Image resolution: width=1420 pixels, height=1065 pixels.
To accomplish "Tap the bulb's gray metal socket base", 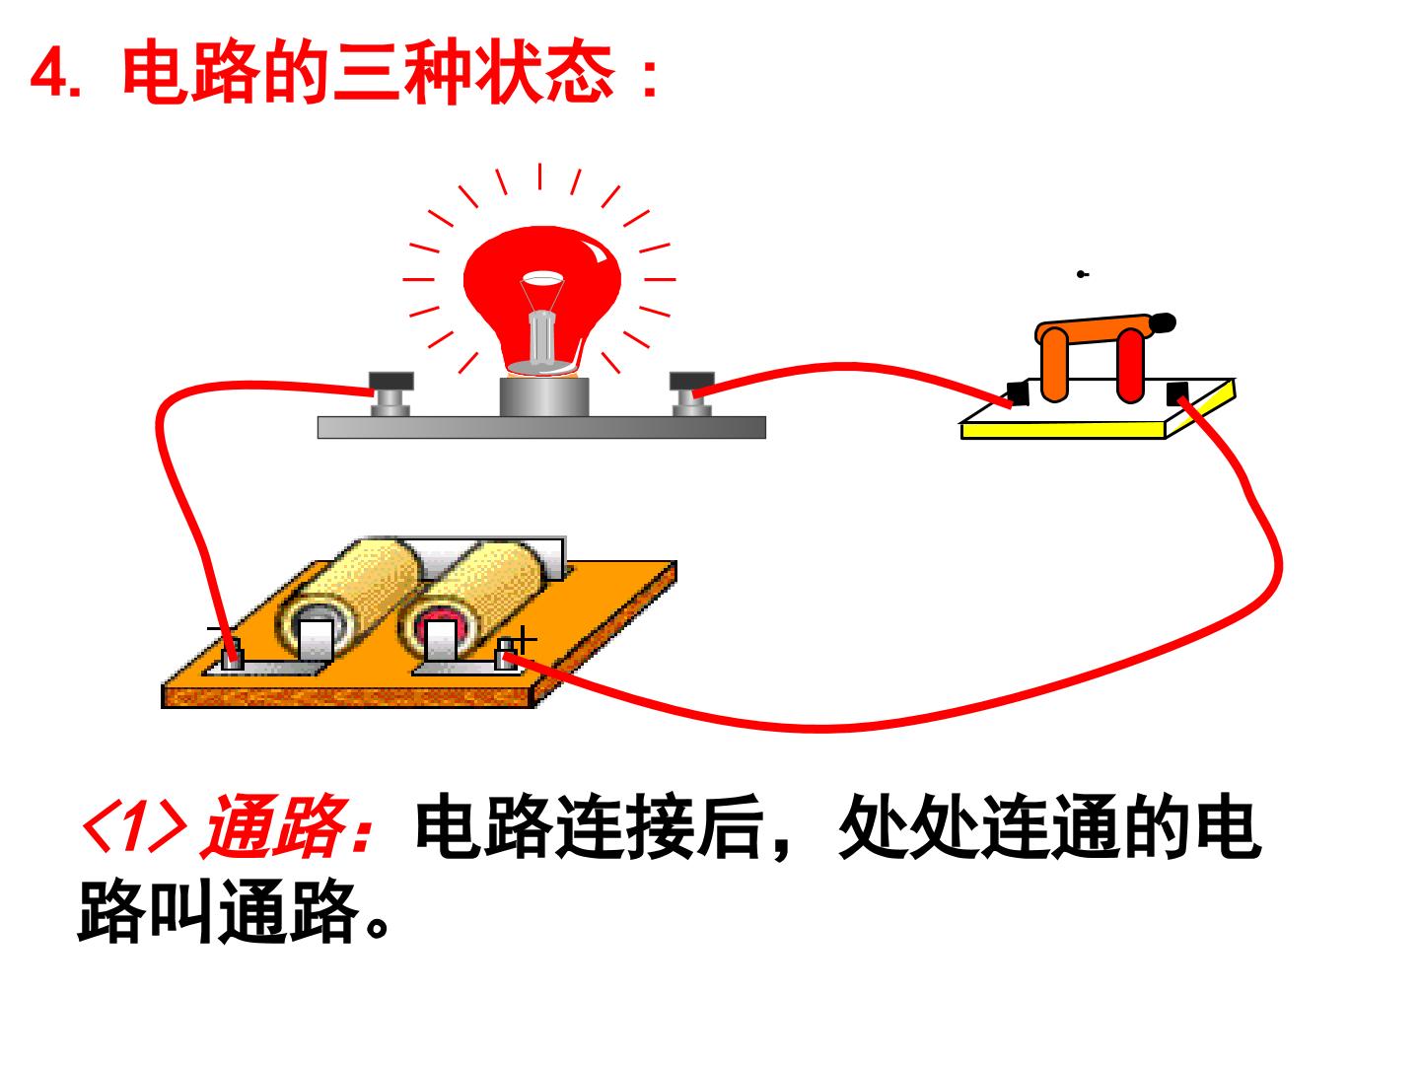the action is tap(544, 396).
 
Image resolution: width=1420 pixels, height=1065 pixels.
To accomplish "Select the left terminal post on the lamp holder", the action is tap(390, 393).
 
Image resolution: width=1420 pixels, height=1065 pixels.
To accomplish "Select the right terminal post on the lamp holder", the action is tap(691, 393).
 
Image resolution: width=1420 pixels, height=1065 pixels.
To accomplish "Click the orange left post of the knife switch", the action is tap(1054, 364).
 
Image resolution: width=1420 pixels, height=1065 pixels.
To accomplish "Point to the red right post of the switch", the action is tap(1130, 365).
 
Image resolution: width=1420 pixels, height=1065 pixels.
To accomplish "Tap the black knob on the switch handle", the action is tap(1164, 322).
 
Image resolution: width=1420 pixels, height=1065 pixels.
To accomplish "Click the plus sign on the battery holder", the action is tap(524, 640).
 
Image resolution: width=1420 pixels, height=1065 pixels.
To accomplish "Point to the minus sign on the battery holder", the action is tap(215, 628).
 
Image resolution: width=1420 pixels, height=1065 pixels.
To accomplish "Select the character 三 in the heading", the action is tap(365, 71).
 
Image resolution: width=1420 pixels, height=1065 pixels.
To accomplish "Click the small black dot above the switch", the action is tap(1081, 274).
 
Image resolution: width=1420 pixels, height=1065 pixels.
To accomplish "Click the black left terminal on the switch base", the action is tap(1017, 393).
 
